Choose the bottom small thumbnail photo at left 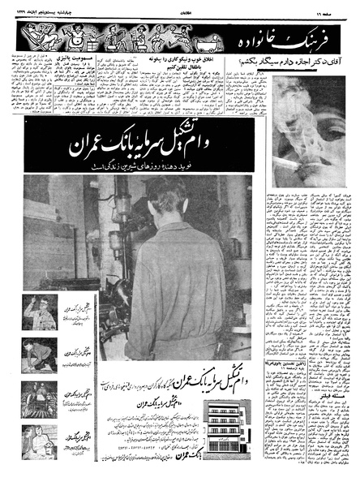click(x=40, y=439)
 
